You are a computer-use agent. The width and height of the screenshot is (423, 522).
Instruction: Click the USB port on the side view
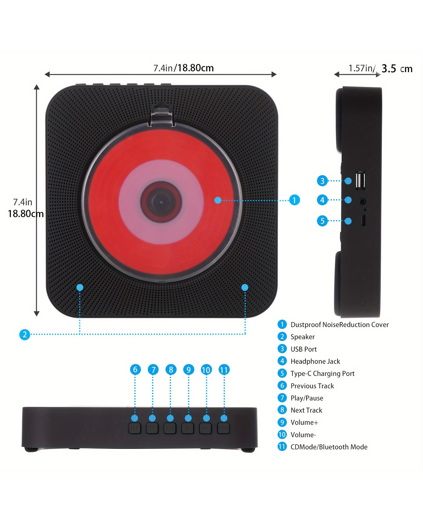(360, 180)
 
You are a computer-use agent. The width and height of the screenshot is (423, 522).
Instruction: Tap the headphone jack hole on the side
(362, 202)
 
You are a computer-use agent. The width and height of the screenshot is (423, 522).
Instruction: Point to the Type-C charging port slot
(364, 220)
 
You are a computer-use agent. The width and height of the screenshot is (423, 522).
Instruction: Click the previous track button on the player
(135, 428)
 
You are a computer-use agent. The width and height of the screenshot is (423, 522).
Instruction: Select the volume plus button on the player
(188, 428)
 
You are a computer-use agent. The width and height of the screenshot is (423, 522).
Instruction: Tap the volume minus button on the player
(205, 428)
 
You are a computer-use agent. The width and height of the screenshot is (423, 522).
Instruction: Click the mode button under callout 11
(223, 428)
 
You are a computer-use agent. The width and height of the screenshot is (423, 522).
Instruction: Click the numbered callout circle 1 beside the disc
(294, 200)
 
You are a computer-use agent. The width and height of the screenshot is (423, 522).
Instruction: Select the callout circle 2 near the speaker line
(25, 334)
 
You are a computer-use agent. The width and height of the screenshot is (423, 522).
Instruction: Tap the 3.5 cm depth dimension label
(397, 69)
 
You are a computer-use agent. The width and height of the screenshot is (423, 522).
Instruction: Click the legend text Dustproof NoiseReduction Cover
(339, 325)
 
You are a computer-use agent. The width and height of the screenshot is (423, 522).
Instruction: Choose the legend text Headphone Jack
(315, 361)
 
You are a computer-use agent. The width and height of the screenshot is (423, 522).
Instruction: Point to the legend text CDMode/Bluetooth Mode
(329, 447)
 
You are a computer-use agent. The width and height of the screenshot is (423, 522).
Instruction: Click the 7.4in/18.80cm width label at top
(183, 68)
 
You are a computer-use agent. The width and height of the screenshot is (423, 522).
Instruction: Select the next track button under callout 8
(170, 428)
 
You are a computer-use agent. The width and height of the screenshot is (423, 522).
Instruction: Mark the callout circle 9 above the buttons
(188, 370)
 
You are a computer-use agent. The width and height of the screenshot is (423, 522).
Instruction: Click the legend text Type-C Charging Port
(323, 374)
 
